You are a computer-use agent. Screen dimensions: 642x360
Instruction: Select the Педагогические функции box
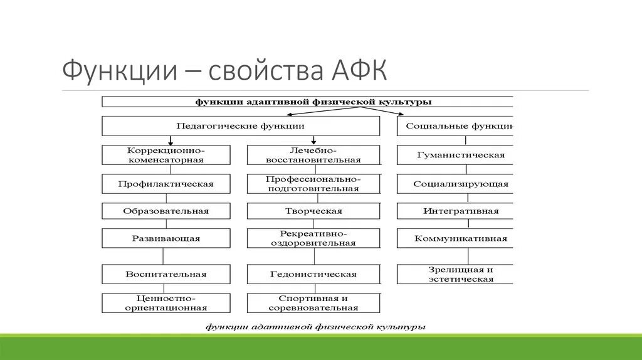pos(240,126)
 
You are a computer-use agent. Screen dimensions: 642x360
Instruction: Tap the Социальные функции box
pos(455,126)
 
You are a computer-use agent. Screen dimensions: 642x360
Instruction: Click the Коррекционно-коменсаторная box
pos(166,155)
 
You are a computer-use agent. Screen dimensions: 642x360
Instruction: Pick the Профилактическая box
pos(166,184)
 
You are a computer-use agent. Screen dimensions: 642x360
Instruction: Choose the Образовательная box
pos(166,211)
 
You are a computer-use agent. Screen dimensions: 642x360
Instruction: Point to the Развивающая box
pos(166,238)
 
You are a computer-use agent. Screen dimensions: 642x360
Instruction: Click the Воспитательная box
pos(166,274)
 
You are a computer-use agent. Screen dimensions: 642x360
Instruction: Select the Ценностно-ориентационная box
pos(166,303)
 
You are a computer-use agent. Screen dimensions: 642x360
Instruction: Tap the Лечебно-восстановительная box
pos(313,155)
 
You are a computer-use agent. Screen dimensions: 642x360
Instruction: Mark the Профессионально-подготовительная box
pos(313,184)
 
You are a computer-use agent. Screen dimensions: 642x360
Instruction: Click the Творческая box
pos(313,211)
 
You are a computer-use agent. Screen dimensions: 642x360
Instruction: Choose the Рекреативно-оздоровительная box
pos(313,238)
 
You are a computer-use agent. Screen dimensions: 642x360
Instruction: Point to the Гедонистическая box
pos(313,274)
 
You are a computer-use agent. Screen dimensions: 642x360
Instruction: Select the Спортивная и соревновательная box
pos(313,303)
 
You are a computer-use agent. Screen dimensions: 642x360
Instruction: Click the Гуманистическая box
pos(455,155)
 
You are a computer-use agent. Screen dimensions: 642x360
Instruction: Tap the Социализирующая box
pos(455,184)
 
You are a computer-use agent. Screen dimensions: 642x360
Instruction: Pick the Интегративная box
pos(455,211)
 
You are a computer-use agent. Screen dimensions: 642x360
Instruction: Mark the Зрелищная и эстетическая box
pos(455,274)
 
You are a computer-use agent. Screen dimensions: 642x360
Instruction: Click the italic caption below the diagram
pos(317,327)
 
